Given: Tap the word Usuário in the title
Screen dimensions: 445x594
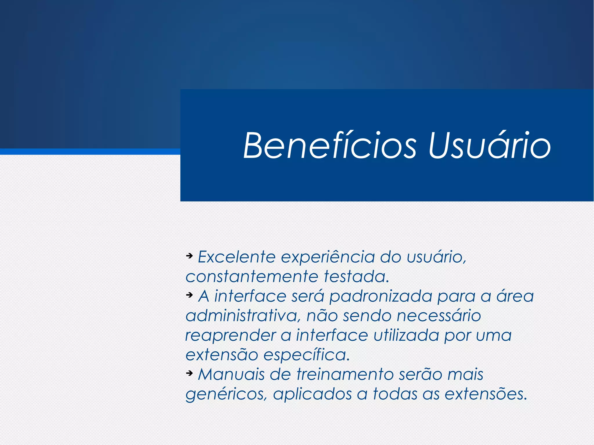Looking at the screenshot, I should [489, 146].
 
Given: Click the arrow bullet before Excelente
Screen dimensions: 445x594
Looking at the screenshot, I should [189, 256].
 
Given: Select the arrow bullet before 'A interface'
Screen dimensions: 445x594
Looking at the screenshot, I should [189, 295].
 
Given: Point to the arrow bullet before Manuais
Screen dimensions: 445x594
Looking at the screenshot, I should [189, 373].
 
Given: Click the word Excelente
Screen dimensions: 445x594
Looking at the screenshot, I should [236, 257].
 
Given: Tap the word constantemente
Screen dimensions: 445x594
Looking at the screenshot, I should [252, 277].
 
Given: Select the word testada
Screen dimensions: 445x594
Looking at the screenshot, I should [356, 277].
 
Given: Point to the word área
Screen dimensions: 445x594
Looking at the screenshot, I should [515, 296].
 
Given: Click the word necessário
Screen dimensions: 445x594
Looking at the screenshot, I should [439, 316].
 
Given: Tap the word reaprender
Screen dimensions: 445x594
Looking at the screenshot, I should [230, 336].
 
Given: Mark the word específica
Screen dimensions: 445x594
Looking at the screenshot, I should [307, 355].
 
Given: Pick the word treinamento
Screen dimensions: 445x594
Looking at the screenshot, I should [345, 375].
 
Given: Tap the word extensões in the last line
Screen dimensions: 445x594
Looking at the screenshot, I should [486, 394].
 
